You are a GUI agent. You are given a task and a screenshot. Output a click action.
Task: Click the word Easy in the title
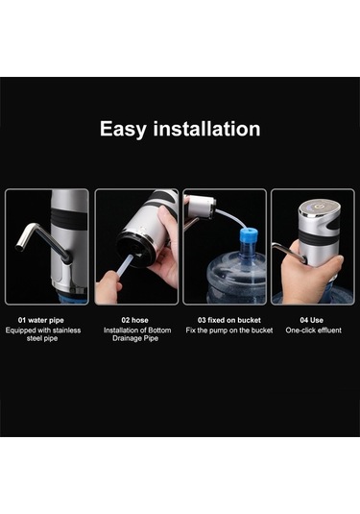pos(123,129)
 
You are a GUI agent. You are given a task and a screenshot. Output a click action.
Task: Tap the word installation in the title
pos(206,129)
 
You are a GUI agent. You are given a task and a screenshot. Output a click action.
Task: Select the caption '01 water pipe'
pos(41,320)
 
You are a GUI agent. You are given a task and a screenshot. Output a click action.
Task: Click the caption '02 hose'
pos(134,320)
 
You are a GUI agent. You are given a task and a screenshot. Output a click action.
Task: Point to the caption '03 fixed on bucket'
pos(229,320)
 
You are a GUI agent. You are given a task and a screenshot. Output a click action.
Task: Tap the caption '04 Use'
pos(311,320)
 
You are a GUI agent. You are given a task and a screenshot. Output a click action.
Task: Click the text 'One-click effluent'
pos(314,330)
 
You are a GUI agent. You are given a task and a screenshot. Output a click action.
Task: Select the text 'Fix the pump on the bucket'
pos(229,330)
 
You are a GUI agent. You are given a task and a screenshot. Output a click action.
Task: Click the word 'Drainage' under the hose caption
pos(127,338)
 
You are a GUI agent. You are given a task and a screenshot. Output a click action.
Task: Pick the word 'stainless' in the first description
pos(66,330)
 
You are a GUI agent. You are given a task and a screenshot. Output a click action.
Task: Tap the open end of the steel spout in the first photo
pos(19,248)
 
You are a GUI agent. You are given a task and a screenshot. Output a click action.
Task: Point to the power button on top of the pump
pos(317,207)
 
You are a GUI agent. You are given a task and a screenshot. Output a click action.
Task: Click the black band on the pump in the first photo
pos(69,218)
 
